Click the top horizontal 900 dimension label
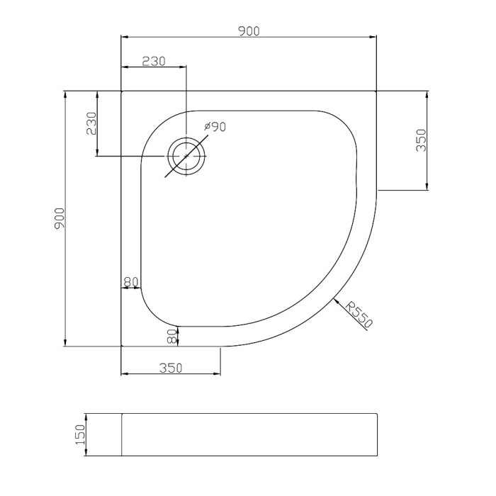click(x=249, y=31)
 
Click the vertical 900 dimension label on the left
click(x=59, y=218)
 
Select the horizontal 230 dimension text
click(x=154, y=61)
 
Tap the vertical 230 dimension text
click(x=91, y=123)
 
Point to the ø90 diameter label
click(x=215, y=127)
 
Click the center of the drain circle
click(x=186, y=157)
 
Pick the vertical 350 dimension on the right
click(x=421, y=140)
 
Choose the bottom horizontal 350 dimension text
click(x=171, y=368)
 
